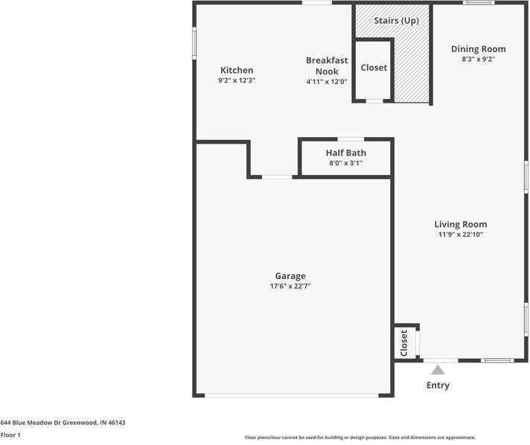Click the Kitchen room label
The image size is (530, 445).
236,70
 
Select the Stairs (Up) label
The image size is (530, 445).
395,21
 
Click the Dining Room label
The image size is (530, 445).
478,49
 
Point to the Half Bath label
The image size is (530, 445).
345,153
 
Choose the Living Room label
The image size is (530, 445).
461,224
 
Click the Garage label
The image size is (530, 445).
290,276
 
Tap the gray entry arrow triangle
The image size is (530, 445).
438,370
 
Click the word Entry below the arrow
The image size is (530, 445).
438,385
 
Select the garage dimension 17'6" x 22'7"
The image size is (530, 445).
290,286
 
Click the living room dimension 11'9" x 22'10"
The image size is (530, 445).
461,234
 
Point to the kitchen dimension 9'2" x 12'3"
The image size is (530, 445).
236,80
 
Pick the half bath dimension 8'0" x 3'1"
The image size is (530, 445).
345,163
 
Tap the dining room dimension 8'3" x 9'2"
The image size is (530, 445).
478,59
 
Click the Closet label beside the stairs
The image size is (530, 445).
374,68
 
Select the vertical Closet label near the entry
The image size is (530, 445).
404,343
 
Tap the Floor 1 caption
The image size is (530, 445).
10,435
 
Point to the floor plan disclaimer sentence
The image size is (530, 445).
360,438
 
